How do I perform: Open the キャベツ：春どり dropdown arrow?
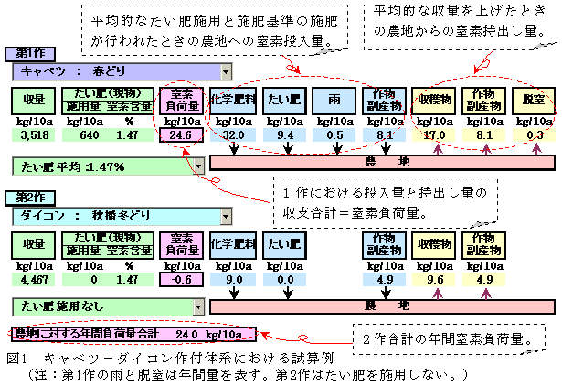tap(224, 71)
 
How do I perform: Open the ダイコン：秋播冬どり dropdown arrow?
tap(224, 216)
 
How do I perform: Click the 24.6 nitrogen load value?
tap(179, 135)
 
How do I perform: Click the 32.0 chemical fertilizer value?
tap(231, 135)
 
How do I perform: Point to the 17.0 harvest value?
tap(433, 135)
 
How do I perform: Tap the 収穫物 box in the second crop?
tap(433, 245)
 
